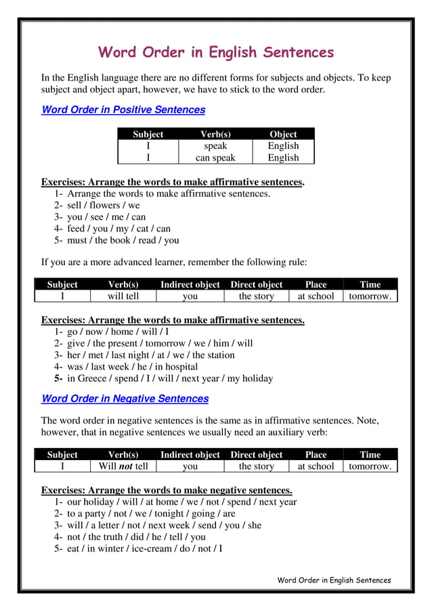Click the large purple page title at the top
click(x=216, y=52)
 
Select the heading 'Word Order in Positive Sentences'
click(x=123, y=110)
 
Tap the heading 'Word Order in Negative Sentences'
click(x=125, y=399)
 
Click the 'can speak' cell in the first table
click(x=215, y=158)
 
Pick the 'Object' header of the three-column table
click(x=283, y=134)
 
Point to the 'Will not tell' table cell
click(x=123, y=466)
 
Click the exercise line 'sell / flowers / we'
click(x=103, y=205)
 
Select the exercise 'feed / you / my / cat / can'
click(x=118, y=229)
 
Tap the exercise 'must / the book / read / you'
click(x=123, y=240)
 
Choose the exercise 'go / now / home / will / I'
click(x=118, y=332)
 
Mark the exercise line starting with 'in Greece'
click(x=169, y=378)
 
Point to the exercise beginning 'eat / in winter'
click(x=144, y=548)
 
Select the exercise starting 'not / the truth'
click(x=136, y=537)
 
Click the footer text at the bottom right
click(x=334, y=580)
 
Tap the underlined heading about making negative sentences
click(x=167, y=490)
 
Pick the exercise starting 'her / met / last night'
click(x=150, y=355)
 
